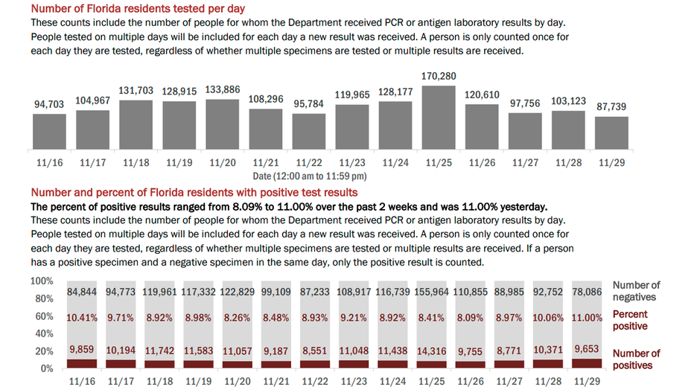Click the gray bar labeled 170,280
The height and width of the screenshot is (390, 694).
click(438, 117)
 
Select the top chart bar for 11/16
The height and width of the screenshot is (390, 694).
click(49, 131)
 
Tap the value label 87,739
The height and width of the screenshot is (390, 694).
click(611, 106)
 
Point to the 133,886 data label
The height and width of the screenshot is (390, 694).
click(222, 89)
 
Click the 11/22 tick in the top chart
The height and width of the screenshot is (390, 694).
click(309, 163)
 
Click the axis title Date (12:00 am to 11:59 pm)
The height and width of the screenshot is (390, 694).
click(309, 176)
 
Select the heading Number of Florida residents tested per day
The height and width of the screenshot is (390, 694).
click(138, 8)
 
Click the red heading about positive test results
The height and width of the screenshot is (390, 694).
click(194, 192)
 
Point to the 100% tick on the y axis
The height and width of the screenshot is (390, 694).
click(42, 281)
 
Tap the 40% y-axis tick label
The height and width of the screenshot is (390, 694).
click(44, 333)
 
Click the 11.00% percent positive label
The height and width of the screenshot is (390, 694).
click(587, 318)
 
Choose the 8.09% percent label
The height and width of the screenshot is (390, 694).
click(470, 318)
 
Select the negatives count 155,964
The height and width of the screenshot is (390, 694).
click(432, 292)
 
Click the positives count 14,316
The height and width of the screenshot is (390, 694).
click(432, 351)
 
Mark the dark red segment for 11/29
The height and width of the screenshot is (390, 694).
click(587, 363)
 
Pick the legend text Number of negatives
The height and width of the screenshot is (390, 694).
click(636, 291)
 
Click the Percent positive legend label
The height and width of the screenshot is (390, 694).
click(630, 320)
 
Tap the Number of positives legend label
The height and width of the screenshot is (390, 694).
click(636, 359)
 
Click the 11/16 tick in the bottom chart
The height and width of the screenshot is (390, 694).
click(82, 381)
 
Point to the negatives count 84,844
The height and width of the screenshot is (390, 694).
click(82, 292)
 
